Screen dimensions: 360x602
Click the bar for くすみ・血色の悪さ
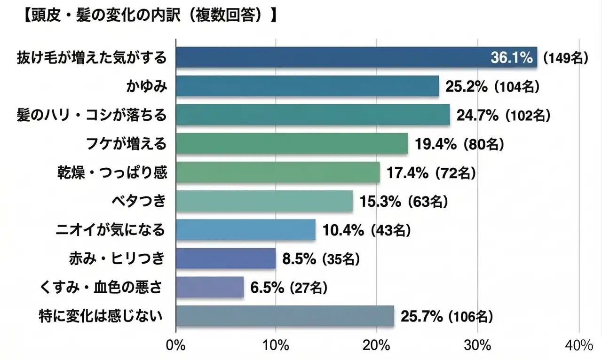(x=210, y=287)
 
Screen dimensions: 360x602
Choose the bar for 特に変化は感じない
(x=285, y=316)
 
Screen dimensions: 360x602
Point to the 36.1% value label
(x=512, y=58)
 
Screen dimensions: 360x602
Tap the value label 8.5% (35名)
(x=321, y=258)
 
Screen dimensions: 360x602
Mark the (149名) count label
(x=565, y=58)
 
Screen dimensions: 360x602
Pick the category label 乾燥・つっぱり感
(x=111, y=173)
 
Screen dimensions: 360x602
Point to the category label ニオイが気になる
(x=111, y=230)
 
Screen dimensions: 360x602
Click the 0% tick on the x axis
(x=176, y=346)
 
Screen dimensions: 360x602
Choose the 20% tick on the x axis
(x=377, y=346)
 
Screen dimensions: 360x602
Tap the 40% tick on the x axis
(x=578, y=346)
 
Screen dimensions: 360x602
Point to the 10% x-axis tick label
(x=276, y=346)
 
